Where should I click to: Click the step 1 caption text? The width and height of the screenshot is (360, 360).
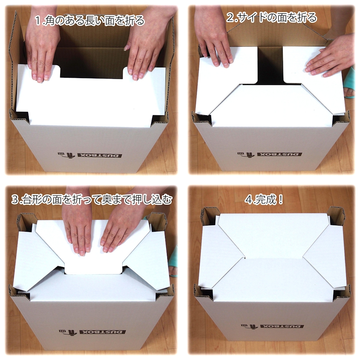pyautogui.click(x=90, y=21)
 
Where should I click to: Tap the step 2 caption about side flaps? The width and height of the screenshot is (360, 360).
pyautogui.click(x=272, y=18)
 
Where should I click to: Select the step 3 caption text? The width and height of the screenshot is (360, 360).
pyautogui.click(x=92, y=200)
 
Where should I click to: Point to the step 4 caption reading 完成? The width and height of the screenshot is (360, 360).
pyautogui.click(x=264, y=200)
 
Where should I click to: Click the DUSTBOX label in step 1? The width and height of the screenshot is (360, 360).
pyautogui.click(x=100, y=155)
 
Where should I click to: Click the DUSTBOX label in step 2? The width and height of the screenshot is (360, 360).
pyautogui.click(x=280, y=154)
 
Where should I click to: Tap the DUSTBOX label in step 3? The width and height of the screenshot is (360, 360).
pyautogui.click(x=102, y=332)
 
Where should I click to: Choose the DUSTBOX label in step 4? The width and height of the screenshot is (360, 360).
pyautogui.click(x=283, y=326)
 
